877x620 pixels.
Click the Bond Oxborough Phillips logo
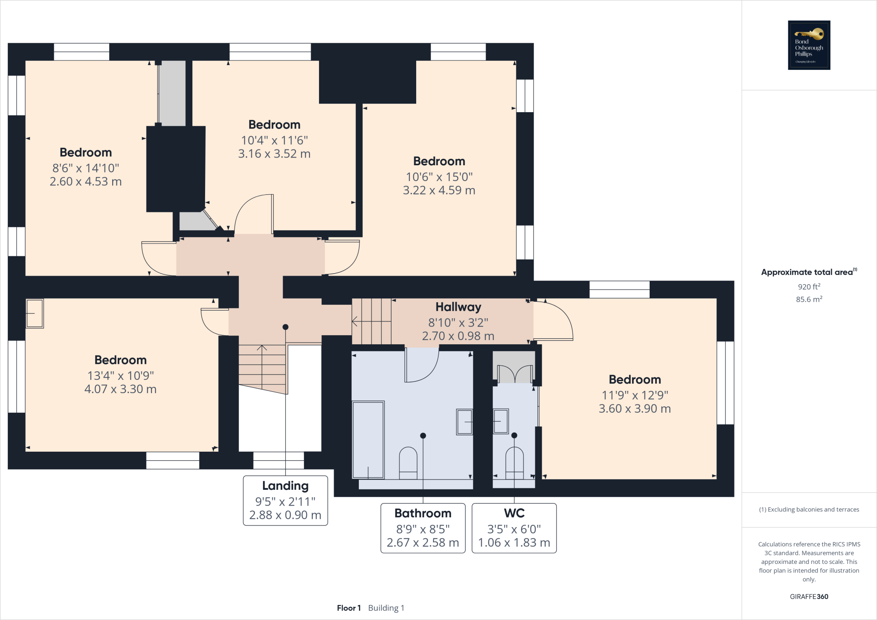click(809, 45)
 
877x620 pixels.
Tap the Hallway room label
click(458, 307)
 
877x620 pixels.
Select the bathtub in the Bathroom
click(368, 440)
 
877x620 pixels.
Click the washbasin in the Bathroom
click(465, 422)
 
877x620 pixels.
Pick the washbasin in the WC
click(501, 421)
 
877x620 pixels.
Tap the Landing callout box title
click(285, 486)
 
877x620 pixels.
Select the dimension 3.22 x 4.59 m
click(439, 191)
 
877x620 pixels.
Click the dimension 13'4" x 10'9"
click(120, 376)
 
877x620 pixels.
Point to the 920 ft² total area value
click(808, 286)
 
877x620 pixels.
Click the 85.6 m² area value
click(808, 299)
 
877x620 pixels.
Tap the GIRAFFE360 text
click(808, 596)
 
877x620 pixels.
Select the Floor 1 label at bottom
click(349, 608)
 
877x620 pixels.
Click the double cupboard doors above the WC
click(514, 374)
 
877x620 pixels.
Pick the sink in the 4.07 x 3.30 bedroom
click(35, 313)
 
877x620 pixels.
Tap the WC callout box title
click(514, 513)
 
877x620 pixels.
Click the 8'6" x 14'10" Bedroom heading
click(86, 152)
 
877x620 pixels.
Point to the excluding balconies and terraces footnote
click(808, 510)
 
